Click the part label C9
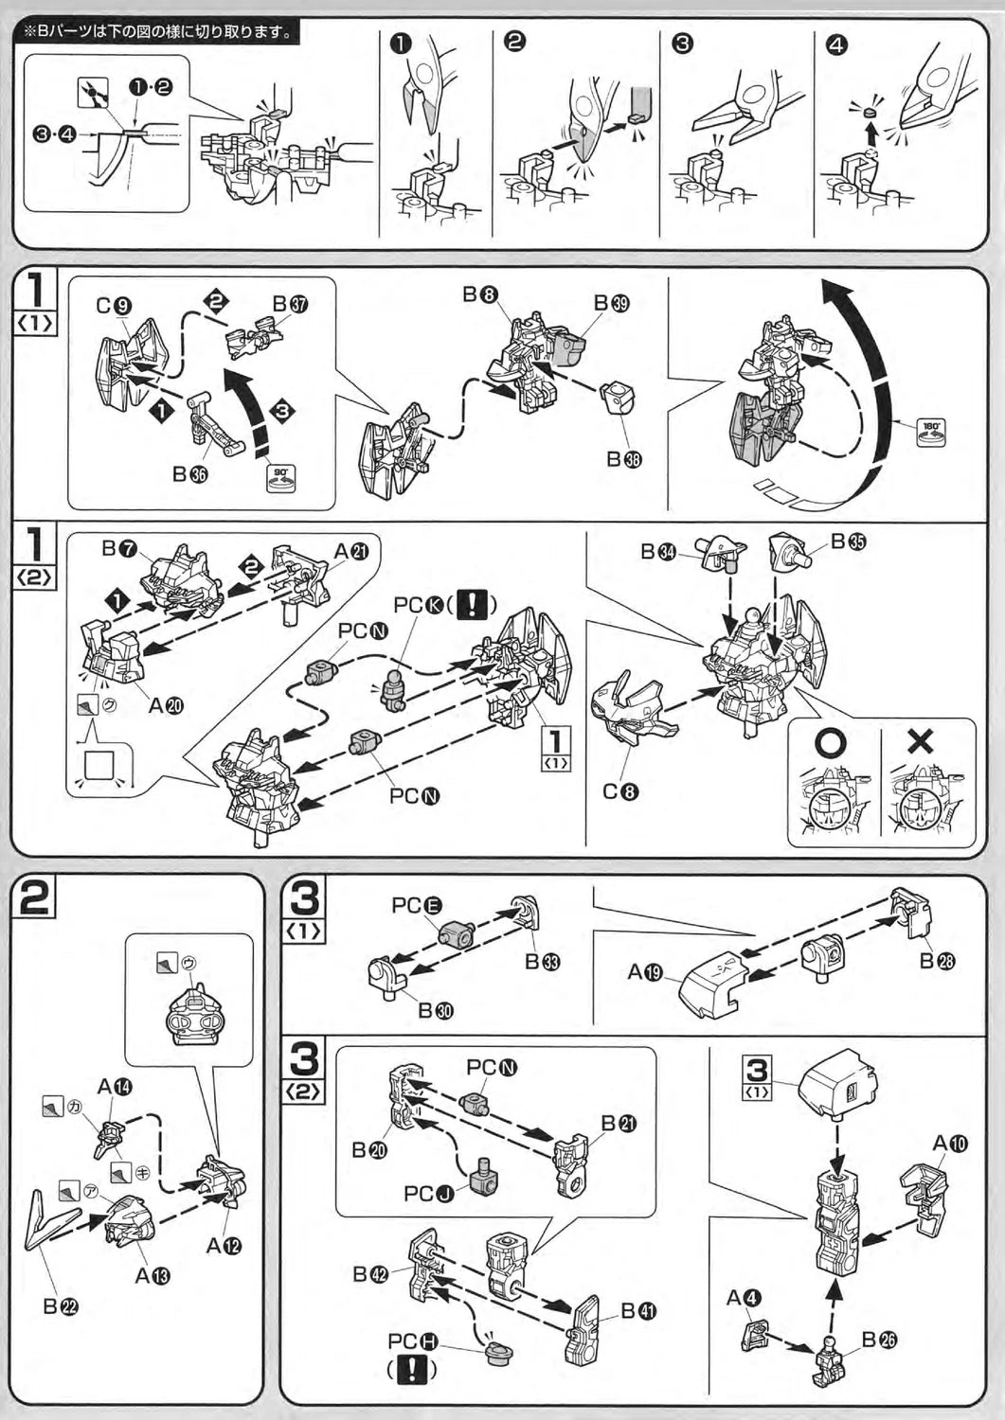point(113,305)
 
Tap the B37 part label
point(291,303)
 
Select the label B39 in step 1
point(612,302)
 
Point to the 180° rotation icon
point(932,432)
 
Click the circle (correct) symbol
point(831,743)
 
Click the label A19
point(645,971)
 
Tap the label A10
point(950,1143)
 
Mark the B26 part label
point(879,1340)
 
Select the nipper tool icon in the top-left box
point(92,96)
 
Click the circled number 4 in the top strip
point(836,44)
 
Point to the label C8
point(620,791)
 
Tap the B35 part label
point(850,541)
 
